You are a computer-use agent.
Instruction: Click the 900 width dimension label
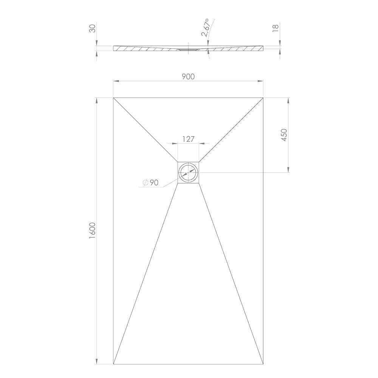(x=188, y=76)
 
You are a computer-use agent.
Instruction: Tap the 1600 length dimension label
(x=93, y=231)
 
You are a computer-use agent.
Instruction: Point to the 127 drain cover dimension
(x=188, y=139)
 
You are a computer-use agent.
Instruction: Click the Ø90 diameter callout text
(x=150, y=183)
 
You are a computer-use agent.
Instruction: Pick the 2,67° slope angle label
(x=206, y=28)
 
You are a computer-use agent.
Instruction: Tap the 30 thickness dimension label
(x=93, y=28)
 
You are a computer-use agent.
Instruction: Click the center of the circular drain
(x=188, y=173)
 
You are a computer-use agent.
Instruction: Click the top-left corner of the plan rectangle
(x=113, y=98)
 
